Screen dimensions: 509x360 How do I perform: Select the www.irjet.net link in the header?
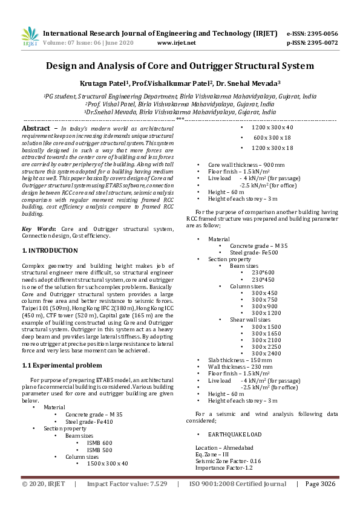point(176,43)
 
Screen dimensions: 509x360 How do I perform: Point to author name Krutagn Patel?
point(105,83)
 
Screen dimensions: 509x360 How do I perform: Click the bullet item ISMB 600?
point(99,443)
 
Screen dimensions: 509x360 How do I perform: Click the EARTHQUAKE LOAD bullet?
point(235,435)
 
